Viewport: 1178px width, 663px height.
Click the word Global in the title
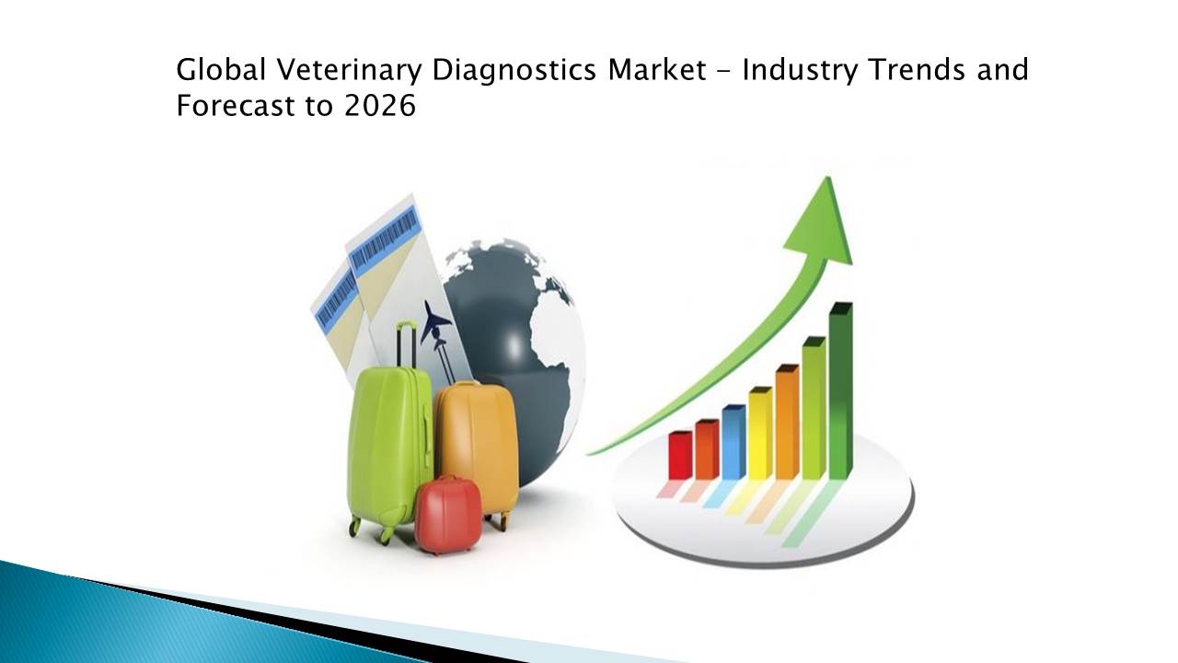[x=221, y=70]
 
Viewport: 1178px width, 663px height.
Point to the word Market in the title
[x=657, y=70]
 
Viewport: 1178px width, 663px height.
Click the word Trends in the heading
[x=918, y=70]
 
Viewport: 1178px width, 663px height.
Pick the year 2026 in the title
[x=380, y=105]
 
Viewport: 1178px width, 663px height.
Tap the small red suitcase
[x=447, y=515]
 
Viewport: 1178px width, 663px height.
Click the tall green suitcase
[x=389, y=452]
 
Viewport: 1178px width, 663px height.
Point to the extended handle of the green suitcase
[x=407, y=344]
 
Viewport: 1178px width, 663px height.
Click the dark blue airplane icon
[x=434, y=321]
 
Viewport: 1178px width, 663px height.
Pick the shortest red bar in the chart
[x=680, y=455]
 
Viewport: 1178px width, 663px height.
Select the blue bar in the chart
[x=733, y=442]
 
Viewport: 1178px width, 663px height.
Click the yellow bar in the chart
[x=760, y=433]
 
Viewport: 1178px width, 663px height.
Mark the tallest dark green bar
[x=841, y=391]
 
